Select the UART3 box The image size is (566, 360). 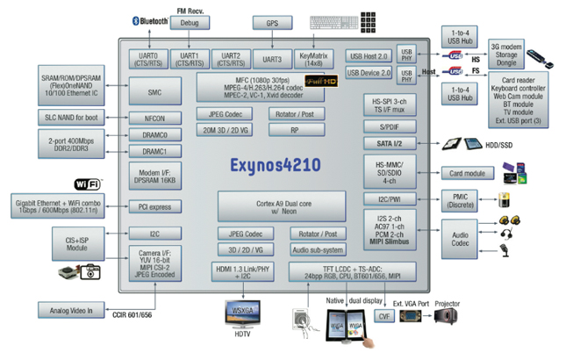(x=271, y=60)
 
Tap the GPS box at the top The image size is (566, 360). (x=272, y=23)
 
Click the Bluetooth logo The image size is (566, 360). (x=149, y=19)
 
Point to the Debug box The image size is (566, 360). (x=190, y=23)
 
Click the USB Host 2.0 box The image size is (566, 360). (x=369, y=55)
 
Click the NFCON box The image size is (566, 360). (x=154, y=117)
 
